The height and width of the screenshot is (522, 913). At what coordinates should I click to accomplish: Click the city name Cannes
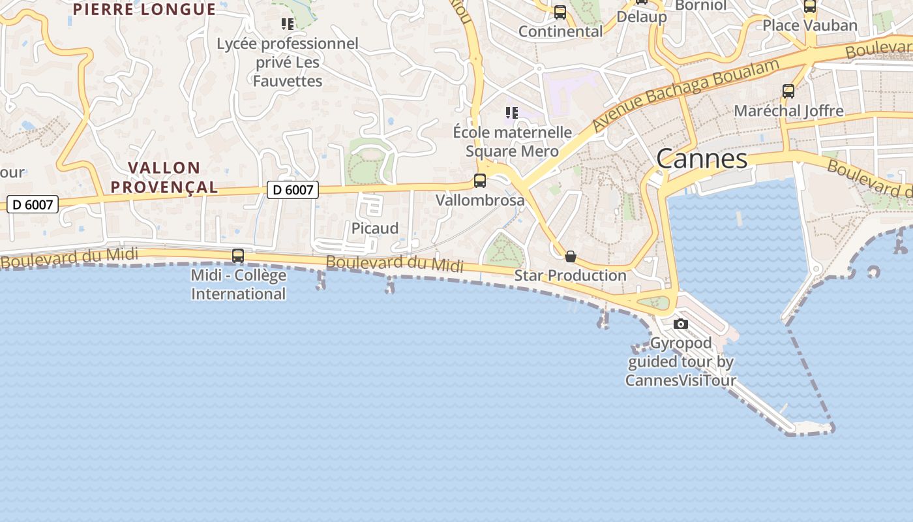[x=702, y=159]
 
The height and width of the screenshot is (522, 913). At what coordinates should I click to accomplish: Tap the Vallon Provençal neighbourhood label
[x=164, y=177]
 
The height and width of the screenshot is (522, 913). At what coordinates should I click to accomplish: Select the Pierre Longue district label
[x=144, y=9]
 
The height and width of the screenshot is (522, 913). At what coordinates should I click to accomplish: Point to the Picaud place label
[x=375, y=228]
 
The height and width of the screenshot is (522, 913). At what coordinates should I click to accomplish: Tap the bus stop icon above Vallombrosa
[x=480, y=181]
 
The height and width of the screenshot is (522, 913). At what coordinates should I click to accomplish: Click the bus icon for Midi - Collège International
[x=238, y=256]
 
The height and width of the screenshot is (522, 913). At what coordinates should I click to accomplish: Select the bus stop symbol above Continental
[x=560, y=12]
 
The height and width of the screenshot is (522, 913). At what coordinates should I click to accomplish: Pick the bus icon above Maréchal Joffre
[x=788, y=91]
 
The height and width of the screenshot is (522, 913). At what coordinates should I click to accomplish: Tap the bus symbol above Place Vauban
[x=810, y=7]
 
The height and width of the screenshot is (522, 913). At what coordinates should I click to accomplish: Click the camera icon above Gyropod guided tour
[x=681, y=324]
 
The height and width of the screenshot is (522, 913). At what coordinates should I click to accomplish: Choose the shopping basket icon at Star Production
[x=571, y=256]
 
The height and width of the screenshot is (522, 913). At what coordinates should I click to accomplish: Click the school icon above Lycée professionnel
[x=288, y=24]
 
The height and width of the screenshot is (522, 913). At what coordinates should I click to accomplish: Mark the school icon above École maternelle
[x=512, y=113]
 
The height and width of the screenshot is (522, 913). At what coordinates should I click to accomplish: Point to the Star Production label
[x=571, y=275]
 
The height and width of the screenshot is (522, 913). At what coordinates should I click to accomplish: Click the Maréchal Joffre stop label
[x=788, y=111]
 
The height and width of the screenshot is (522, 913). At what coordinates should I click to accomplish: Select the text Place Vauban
[x=810, y=25]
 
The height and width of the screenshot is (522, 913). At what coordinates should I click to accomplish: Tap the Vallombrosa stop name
[x=480, y=200]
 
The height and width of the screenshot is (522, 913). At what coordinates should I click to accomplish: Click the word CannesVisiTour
[x=681, y=380]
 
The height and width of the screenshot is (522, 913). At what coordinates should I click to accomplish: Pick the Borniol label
[x=700, y=5]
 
